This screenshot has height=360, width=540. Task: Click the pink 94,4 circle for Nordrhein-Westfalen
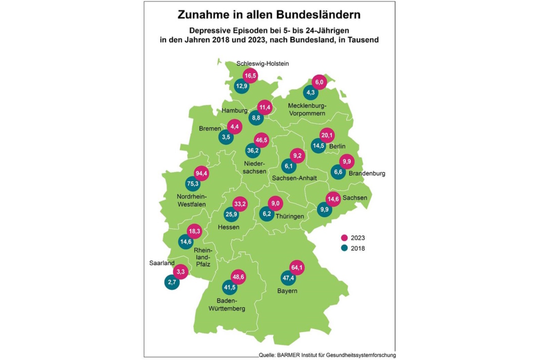[x=201, y=174]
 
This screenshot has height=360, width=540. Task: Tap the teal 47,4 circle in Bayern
[x=289, y=278]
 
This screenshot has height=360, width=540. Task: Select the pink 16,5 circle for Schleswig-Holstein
[x=250, y=75]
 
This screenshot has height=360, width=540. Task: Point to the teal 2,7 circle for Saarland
[x=172, y=282]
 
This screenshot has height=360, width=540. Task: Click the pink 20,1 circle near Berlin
[x=328, y=135]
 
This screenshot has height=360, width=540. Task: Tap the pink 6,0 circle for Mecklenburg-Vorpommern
[x=318, y=81]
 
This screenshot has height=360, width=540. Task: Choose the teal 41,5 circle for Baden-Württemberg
[x=229, y=287]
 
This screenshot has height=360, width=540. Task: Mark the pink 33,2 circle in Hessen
[x=240, y=204]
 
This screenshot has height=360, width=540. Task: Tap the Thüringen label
[x=290, y=217]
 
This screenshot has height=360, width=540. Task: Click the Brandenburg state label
[x=367, y=173]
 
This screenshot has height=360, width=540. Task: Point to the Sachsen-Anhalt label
[x=294, y=178]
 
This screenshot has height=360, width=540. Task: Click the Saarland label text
[x=161, y=263]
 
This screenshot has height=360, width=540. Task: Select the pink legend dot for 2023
[x=345, y=238]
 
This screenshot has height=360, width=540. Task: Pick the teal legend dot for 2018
[x=345, y=248]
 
